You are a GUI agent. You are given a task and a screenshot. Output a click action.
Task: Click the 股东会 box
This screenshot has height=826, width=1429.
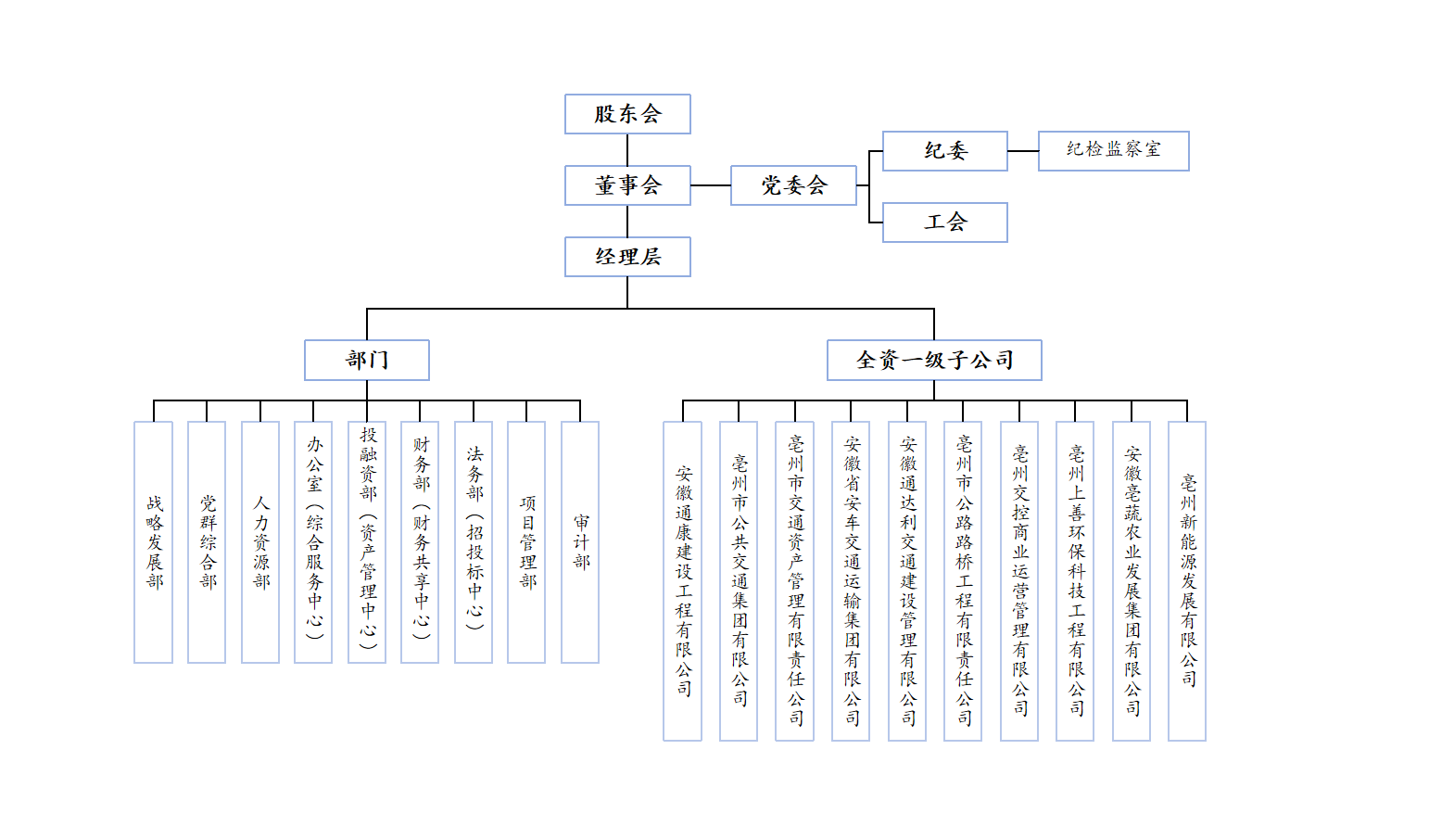pyautogui.click(x=627, y=114)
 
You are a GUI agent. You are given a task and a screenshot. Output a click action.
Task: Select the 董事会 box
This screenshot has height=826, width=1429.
pyautogui.click(x=627, y=185)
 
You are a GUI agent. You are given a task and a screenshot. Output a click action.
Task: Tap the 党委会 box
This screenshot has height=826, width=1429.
pyautogui.click(x=793, y=185)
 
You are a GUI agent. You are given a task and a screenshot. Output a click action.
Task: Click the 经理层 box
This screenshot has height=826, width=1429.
pyautogui.click(x=627, y=257)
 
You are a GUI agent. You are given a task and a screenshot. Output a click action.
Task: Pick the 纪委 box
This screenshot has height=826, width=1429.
pyautogui.click(x=944, y=151)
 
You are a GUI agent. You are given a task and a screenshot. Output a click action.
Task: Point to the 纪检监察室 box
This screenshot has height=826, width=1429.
pyautogui.click(x=1113, y=151)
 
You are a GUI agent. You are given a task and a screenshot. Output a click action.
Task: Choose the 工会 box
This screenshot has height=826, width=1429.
pyautogui.click(x=944, y=222)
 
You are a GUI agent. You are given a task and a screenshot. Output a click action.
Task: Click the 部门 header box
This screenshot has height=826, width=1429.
pyautogui.click(x=367, y=360)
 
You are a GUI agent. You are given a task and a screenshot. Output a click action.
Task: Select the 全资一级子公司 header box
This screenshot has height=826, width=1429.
pyautogui.click(x=934, y=360)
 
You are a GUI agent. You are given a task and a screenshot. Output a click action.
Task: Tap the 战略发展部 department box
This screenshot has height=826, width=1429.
pyautogui.click(x=154, y=542)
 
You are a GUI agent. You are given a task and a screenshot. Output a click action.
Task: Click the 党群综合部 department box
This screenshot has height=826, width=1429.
pyautogui.click(x=207, y=542)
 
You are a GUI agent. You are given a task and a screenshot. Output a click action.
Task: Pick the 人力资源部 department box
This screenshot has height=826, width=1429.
pyautogui.click(x=260, y=542)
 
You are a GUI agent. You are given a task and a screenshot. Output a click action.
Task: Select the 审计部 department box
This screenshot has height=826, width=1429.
pyautogui.click(x=580, y=542)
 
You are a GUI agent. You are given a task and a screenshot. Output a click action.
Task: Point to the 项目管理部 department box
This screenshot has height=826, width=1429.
pyautogui.click(x=526, y=542)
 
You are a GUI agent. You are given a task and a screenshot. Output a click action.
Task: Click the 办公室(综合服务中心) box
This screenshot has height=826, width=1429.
pyautogui.click(x=313, y=542)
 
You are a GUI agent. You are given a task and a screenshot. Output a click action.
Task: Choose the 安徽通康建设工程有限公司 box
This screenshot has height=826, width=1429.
pyautogui.click(x=683, y=581)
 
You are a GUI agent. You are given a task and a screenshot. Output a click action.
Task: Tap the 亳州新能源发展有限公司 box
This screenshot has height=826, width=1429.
pyautogui.click(x=1187, y=581)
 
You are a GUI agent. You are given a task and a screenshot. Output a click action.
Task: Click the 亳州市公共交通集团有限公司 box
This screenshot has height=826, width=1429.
pyautogui.click(x=739, y=581)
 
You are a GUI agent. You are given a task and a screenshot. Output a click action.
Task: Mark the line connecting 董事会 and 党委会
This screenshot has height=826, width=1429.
pyautogui.click(x=711, y=185)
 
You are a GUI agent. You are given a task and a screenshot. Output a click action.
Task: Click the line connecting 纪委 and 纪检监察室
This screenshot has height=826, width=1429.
pyautogui.click(x=1023, y=151)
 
